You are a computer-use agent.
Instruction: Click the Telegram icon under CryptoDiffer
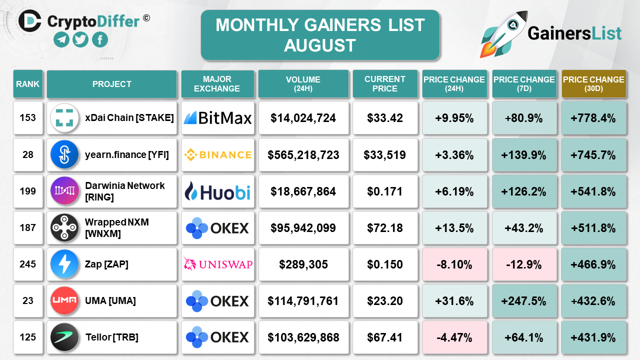pyautogui.click(x=61, y=39)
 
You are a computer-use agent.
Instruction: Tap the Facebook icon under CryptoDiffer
pyautogui.click(x=100, y=39)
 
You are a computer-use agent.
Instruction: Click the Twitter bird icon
pyautogui.click(x=80, y=39)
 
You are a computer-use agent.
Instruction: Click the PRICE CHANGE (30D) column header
pyautogui.click(x=593, y=83)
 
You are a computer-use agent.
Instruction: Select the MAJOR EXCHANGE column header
pyautogui.click(x=217, y=83)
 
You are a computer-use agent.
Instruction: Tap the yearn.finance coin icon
pyautogui.click(x=64, y=154)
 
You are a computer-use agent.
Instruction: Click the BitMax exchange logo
pyautogui.click(x=217, y=118)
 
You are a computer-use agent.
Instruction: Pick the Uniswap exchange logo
pyautogui.click(x=217, y=264)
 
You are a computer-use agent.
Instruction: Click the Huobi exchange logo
pyautogui.click(x=217, y=191)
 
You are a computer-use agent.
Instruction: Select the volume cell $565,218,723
pyautogui.click(x=303, y=154)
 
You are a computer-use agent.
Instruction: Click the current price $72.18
pyautogui.click(x=385, y=227)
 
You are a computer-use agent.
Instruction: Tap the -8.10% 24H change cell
pyautogui.click(x=454, y=264)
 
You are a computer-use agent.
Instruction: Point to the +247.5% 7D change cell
pyautogui.click(x=524, y=300)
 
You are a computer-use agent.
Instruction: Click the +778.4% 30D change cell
pyautogui.click(x=593, y=118)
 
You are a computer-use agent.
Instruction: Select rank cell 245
pyautogui.click(x=28, y=264)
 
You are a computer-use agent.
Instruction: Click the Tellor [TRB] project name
pyautogui.click(x=112, y=337)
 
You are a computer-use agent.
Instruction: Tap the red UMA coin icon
pyautogui.click(x=64, y=300)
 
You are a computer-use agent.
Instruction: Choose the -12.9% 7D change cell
pyautogui.click(x=524, y=264)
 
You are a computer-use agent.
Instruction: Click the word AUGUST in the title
pyautogui.click(x=320, y=45)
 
